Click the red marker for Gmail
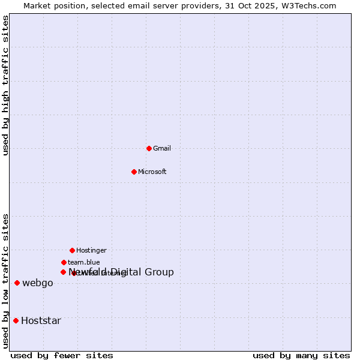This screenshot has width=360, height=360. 149,148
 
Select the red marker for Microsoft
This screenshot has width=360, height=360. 134,172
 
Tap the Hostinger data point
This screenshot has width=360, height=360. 72,250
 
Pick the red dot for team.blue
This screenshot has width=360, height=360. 64,262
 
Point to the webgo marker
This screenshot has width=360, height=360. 17,283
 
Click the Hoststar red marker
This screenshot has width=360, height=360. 16,320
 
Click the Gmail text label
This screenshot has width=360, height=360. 162,148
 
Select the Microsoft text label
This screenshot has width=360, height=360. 152,172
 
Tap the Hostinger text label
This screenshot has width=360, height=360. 91,250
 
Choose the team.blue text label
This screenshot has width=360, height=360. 84,262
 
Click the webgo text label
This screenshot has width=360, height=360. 38,283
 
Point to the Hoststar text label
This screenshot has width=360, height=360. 41,320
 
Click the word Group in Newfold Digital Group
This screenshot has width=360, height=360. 159,272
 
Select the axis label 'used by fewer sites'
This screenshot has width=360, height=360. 62,355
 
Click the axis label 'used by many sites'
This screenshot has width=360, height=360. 301,355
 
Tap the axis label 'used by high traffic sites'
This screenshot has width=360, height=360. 5,85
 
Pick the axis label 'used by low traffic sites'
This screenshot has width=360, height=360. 5,281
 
